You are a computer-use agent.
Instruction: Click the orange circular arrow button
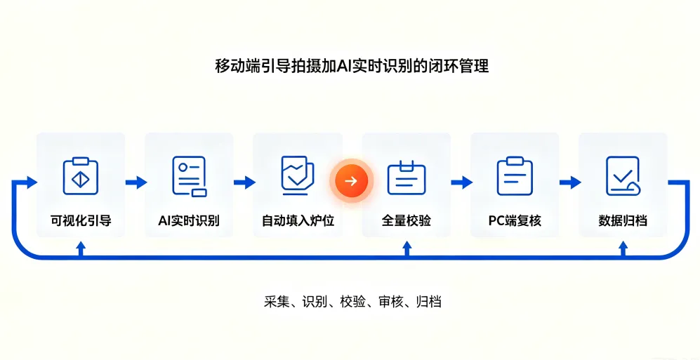351,181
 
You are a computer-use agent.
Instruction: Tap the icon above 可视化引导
80,175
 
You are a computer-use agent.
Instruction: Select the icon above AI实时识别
190,176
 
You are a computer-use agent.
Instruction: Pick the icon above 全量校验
407,178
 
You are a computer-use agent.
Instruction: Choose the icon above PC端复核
515,175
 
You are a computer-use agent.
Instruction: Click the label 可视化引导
80,221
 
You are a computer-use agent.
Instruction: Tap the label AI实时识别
189,221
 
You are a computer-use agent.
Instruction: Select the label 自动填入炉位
298,221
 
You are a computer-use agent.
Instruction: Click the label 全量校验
407,221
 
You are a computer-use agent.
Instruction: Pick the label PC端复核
515,221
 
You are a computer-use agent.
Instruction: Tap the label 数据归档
623,221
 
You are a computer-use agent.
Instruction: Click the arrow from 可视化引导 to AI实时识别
136,182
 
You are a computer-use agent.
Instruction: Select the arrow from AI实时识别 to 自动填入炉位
244,182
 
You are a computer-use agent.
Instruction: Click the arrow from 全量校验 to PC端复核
461,182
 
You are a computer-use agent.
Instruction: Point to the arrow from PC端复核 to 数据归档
570,182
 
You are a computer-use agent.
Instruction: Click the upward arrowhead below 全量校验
407,246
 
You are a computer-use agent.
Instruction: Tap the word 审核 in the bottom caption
390,302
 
